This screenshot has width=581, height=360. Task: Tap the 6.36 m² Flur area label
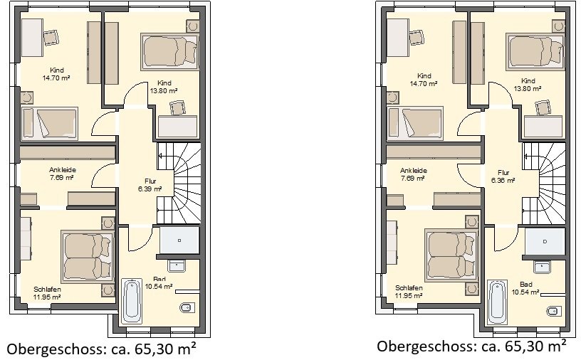coord(503,181)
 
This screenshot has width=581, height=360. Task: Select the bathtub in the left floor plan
coord(132,301)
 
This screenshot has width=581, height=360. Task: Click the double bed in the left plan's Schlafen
coord(88,256)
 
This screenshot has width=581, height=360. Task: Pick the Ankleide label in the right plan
coord(414,171)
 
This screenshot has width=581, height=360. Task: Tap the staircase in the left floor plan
coord(179,184)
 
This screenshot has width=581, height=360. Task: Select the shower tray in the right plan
coord(545,241)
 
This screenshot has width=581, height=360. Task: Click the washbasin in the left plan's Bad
coord(177,265)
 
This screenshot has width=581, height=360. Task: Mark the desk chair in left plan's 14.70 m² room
coord(51,38)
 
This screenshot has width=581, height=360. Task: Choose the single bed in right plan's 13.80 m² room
coord(535,51)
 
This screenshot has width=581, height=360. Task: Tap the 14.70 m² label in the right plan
coord(423,84)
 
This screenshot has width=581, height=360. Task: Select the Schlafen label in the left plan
coord(47,290)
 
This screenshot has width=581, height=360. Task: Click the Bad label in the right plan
coord(525,285)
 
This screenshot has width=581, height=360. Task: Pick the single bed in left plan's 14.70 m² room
coord(50,124)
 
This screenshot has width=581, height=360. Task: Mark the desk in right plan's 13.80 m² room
coord(543,127)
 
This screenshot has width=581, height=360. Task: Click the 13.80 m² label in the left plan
coord(164,91)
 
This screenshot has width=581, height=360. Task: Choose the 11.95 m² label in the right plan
coord(409,295)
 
